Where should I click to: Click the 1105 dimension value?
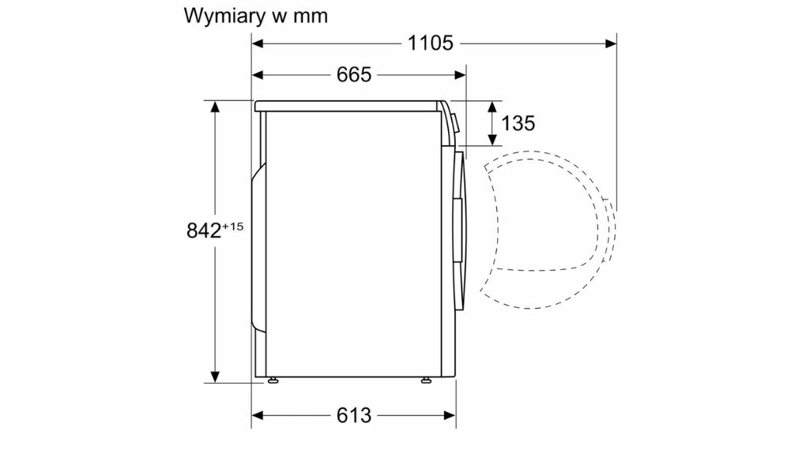click(x=430, y=43)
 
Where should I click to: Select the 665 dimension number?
click(x=354, y=75)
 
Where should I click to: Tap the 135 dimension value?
click(x=518, y=123)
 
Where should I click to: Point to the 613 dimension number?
click(x=354, y=415)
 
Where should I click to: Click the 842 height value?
click(x=204, y=231)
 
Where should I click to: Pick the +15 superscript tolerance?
click(x=233, y=226)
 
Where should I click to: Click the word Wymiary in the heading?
click(x=224, y=17)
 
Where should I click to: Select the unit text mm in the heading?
click(x=311, y=17)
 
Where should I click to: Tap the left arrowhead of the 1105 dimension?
click(x=258, y=43)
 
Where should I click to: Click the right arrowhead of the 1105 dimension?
click(x=611, y=43)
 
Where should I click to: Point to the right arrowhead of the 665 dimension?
click(x=460, y=76)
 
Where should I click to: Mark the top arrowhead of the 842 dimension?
click(x=215, y=107)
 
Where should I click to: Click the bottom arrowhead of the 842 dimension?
click(x=215, y=377)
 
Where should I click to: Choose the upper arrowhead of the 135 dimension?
click(x=492, y=107)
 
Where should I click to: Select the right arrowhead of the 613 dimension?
click(x=450, y=415)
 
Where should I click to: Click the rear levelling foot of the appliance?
click(x=273, y=381)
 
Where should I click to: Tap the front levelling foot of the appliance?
click(x=426, y=381)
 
